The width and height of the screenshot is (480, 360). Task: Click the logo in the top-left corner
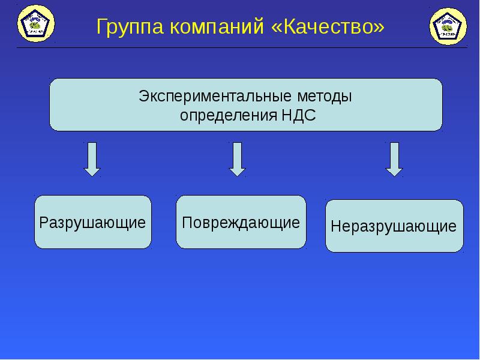(36, 25)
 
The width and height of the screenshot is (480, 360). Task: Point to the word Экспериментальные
(216, 95)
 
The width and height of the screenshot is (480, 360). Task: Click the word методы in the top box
(324, 95)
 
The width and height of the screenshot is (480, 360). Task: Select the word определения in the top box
(228, 115)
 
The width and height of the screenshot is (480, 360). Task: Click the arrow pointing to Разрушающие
(92, 158)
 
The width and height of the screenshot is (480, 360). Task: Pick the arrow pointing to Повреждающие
(238, 158)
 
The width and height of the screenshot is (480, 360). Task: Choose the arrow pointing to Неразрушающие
(394, 158)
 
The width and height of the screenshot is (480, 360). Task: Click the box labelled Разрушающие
(92, 222)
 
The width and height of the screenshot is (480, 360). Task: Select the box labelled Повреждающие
(241, 222)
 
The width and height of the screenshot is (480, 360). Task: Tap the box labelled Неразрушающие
(394, 226)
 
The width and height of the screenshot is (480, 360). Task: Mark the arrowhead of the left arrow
(92, 171)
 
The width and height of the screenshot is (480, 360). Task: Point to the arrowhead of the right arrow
(394, 171)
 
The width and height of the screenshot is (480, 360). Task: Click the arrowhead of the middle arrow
(238, 171)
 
